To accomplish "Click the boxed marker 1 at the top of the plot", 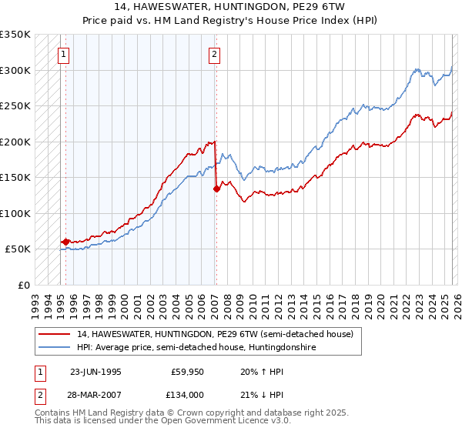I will coord(62,54).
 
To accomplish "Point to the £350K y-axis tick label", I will coord(15,35).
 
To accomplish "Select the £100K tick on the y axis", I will coord(15,213).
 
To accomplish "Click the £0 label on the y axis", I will coord(24,285).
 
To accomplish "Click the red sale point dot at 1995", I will coord(65,242).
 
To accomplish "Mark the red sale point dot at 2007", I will coord(216,189).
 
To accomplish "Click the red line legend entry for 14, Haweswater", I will coord(215,334).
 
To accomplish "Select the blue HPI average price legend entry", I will coord(196,348).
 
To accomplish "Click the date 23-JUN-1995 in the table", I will coord(95,371).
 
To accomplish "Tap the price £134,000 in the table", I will coord(187,394).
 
